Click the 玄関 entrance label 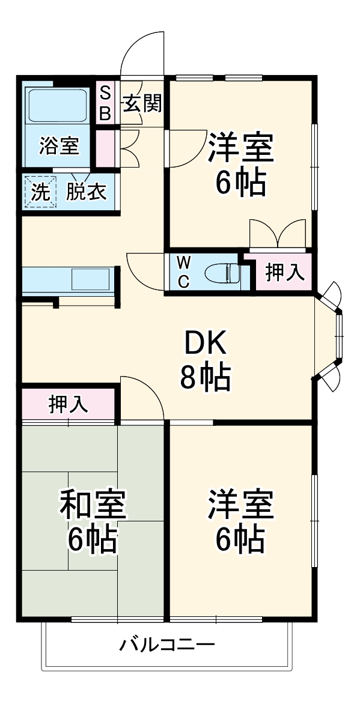tap(143, 104)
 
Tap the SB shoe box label tap(105, 103)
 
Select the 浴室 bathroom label tap(59, 146)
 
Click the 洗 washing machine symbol tap(40, 192)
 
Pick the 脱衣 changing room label tap(86, 192)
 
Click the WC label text tap(183, 272)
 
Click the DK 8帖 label tap(204, 361)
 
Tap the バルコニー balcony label tap(166, 646)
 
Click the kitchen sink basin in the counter tap(91, 279)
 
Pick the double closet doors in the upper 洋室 tap(278, 234)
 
